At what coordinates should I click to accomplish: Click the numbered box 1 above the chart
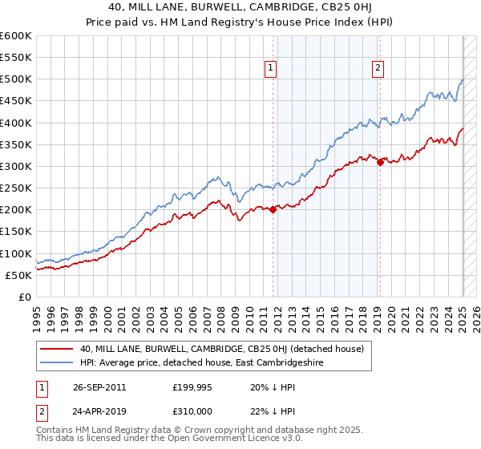pyautogui.click(x=271, y=69)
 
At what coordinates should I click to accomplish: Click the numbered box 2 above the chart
pyautogui.click(x=377, y=69)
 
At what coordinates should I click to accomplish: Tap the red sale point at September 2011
pyautogui.click(x=273, y=210)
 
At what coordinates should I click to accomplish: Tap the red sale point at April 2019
pyautogui.click(x=380, y=162)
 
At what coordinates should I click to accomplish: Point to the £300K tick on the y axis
pyautogui.click(x=16, y=166)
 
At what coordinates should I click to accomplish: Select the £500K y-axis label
pyautogui.click(x=16, y=79)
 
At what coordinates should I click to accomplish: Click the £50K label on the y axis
pyautogui.click(x=19, y=275)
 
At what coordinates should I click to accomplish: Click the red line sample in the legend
pyautogui.click(x=57, y=349)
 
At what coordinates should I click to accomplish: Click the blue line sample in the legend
pyautogui.click(x=57, y=362)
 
